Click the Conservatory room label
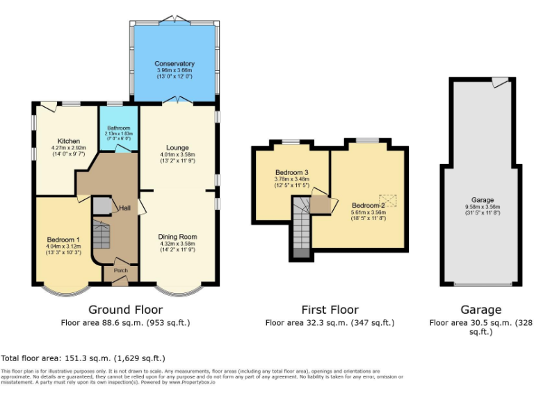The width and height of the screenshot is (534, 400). pos(175,64)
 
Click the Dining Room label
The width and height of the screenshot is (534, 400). pos(178,237)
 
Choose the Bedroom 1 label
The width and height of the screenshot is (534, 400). pos(63,240)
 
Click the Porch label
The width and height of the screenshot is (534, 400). pos(121,272)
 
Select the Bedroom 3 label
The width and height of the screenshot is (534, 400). pos(291,172)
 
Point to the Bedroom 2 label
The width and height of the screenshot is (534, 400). pos(368,206)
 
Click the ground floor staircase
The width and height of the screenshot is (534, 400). pos(102,235)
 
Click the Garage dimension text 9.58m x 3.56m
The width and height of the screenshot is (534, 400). pos(482,206)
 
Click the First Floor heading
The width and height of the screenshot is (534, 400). pos(330,310)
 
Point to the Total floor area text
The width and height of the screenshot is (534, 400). pos(83,358)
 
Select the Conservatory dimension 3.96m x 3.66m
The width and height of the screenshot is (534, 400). pos(175,71)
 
